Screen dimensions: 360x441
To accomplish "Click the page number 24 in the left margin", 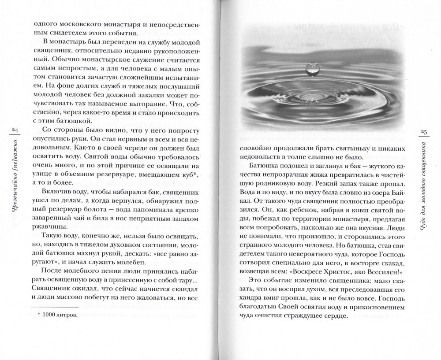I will (14, 130).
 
